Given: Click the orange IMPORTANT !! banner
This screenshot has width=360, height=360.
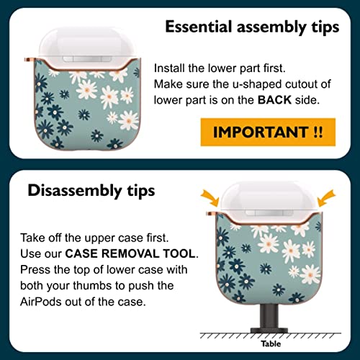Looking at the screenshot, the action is (268, 132).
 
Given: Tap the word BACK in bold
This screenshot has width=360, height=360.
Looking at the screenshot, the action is (274, 100).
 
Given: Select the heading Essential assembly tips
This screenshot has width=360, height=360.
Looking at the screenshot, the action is (252, 27).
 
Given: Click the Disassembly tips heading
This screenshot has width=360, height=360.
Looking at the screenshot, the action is (91, 191).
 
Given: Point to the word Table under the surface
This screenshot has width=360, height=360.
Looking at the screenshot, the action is (271, 343).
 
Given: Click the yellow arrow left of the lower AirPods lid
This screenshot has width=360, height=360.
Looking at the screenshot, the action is (210, 198).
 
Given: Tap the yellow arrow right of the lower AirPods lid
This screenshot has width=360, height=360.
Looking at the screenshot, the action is (326, 198).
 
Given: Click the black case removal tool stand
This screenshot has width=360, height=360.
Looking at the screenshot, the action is (269, 319).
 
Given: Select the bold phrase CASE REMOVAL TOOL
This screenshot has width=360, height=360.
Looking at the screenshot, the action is (130, 253).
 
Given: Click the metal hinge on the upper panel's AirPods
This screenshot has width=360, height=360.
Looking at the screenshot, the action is (86, 59).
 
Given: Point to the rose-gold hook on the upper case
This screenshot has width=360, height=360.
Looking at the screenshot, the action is (30, 60).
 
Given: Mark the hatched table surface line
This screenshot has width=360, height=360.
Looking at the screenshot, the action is (270, 336).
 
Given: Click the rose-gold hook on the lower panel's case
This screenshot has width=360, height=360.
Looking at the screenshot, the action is (212, 214).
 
